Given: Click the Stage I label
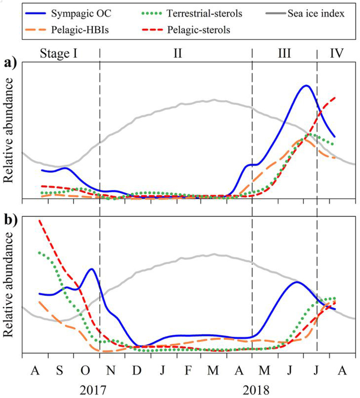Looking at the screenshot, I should pyautogui.click(x=59, y=53).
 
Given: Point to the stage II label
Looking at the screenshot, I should pyautogui.click(x=177, y=53).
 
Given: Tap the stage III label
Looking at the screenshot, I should pyautogui.click(x=284, y=53).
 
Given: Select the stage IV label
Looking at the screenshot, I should pyautogui.click(x=336, y=53).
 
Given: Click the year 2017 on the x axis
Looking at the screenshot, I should pyautogui.click(x=93, y=390).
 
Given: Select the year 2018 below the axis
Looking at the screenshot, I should pyautogui.click(x=257, y=390).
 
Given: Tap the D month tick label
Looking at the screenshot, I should pyautogui.click(x=137, y=370).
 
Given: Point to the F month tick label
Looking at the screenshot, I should pyautogui.click(x=188, y=370).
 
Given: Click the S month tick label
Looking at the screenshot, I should pyautogui.click(x=59, y=370).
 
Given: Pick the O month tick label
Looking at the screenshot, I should pyautogui.click(x=85, y=370).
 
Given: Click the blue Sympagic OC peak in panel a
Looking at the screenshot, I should pyautogui.click(x=306, y=86).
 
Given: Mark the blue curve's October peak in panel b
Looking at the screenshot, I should pyautogui.click(x=92, y=269).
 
